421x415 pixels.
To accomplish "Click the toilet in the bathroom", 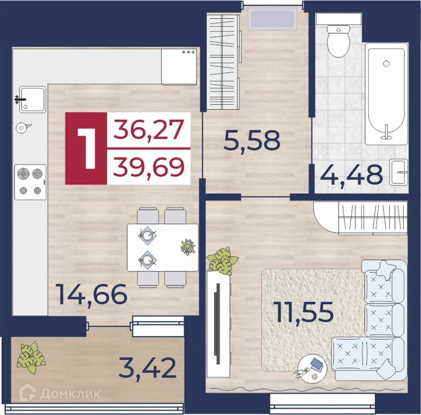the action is tap(338, 41).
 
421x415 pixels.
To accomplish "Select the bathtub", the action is tap(387, 94).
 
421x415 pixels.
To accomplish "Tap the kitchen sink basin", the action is tap(33, 100).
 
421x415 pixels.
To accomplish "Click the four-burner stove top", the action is tap(30, 182).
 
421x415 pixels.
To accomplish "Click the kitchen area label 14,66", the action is tap(92, 295).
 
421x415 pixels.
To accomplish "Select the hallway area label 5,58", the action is tap(252, 141).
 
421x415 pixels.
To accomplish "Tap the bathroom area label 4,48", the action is tap(352, 175).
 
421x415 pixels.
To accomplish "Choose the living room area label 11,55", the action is tap(303, 312).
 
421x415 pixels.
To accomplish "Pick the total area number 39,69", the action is tap(149, 167).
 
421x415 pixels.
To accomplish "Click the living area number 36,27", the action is tap(149, 129).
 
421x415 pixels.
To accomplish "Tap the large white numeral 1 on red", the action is tap(86, 148).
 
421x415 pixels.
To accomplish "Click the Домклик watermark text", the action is tap(70, 394).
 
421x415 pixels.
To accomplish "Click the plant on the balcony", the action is tap(31, 357).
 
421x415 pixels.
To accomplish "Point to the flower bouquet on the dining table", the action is tap(188, 247).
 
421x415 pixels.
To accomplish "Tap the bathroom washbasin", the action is tap(398, 172).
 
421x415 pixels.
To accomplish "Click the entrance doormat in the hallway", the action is tap(273, 18).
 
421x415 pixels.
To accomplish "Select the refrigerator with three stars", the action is tap(179, 66).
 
